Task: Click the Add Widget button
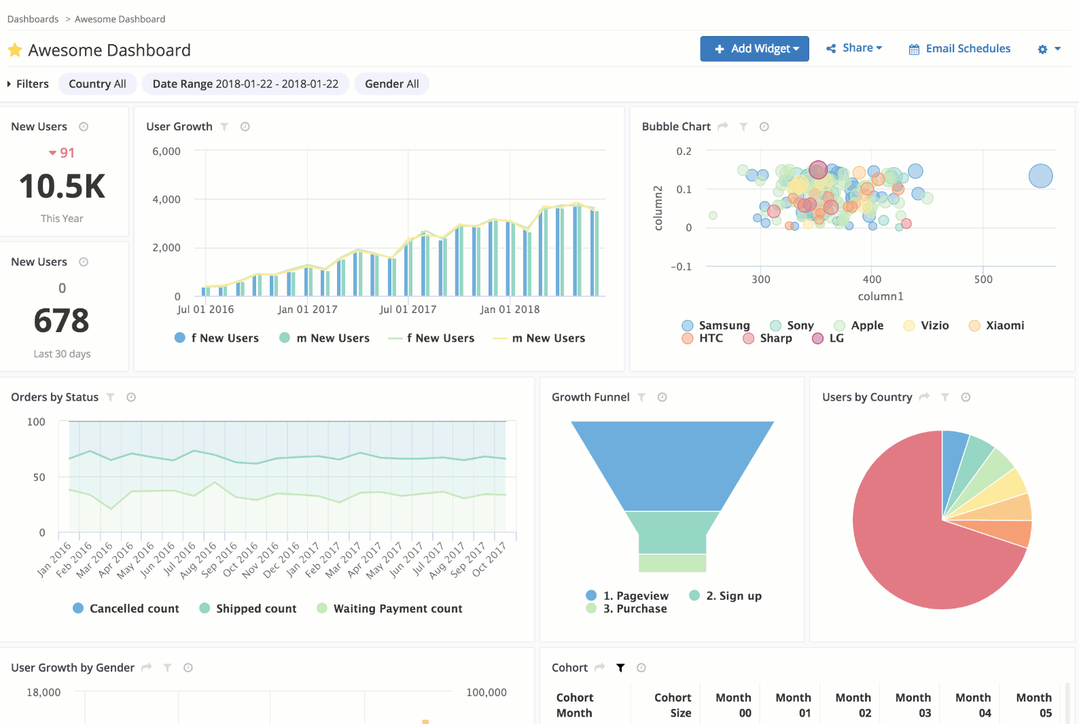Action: (x=754, y=49)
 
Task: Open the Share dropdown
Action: (x=854, y=48)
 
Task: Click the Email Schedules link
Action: (x=959, y=49)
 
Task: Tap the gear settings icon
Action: (x=1042, y=50)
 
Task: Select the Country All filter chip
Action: (x=98, y=84)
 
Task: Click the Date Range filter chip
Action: (x=245, y=84)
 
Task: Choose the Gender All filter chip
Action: (x=391, y=84)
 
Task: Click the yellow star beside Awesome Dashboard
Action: (x=15, y=50)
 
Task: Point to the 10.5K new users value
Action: (x=62, y=187)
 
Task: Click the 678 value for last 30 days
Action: (x=62, y=321)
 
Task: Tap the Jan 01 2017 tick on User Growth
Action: (x=307, y=310)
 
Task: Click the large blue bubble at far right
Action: (x=1040, y=176)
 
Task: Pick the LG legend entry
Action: (x=828, y=338)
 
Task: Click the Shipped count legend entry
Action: (x=249, y=609)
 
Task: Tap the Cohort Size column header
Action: (x=672, y=705)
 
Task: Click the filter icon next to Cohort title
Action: (x=620, y=668)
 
